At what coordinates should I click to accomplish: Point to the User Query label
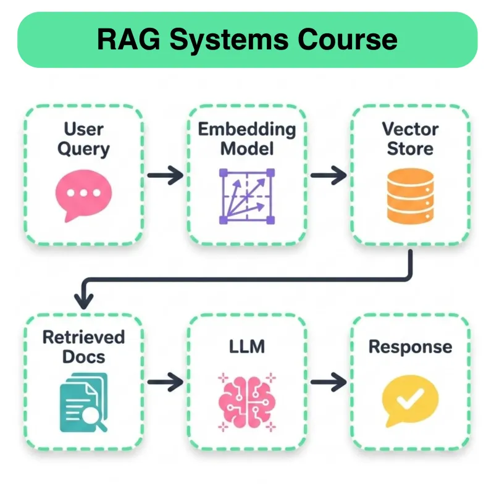coord(83,139)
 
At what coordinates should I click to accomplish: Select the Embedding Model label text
coord(246,139)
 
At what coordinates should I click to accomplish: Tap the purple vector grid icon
coord(246,196)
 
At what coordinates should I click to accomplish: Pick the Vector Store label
coord(410,139)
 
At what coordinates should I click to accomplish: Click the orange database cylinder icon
coord(410,196)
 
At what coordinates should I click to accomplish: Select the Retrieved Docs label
coord(83,346)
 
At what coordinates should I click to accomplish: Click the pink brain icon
coord(246,401)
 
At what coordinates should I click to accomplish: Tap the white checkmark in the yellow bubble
coord(409,400)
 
